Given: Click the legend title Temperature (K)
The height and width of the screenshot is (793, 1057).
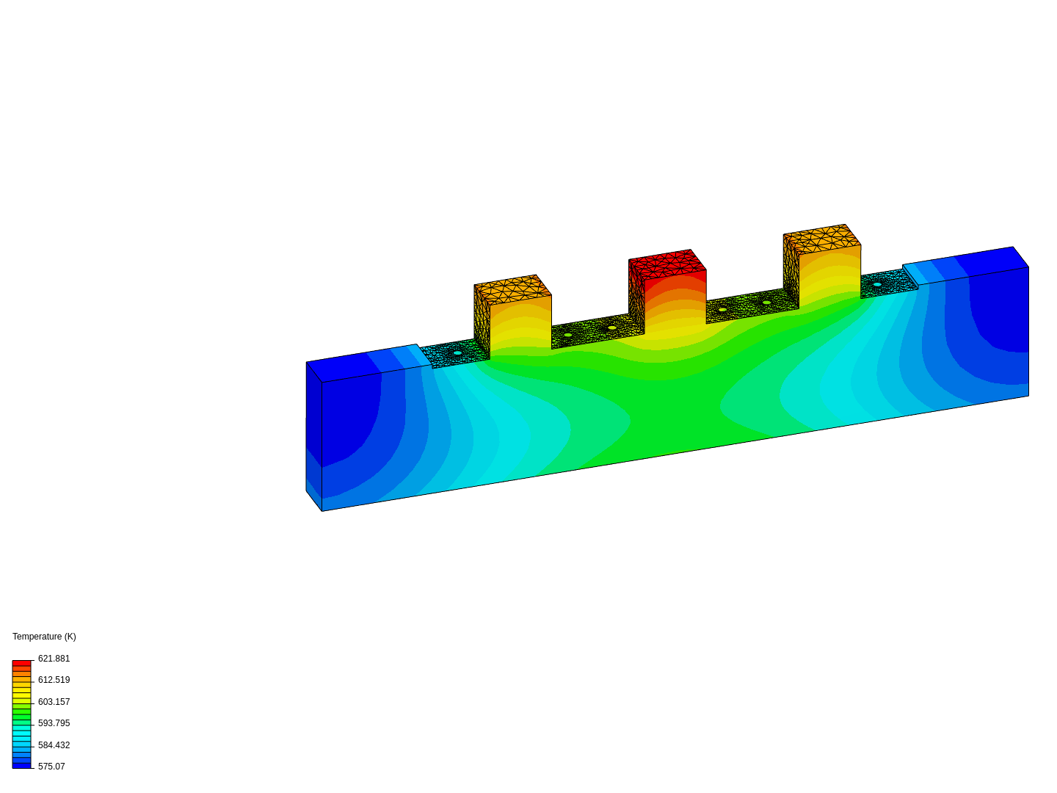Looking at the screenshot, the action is pyautogui.click(x=44, y=637).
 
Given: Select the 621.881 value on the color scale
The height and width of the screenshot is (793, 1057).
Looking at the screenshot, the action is pyautogui.click(x=54, y=658).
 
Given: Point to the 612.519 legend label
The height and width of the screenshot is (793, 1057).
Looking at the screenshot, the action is pyautogui.click(x=54, y=680).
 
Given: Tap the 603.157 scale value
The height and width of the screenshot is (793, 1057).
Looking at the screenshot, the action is pyautogui.click(x=54, y=701).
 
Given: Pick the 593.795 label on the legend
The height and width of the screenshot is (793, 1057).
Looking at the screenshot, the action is pyautogui.click(x=54, y=723).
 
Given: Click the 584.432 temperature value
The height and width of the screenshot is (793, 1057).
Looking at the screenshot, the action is pyautogui.click(x=54, y=745).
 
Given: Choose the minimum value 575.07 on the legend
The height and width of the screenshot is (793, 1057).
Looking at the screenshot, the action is pyautogui.click(x=51, y=766).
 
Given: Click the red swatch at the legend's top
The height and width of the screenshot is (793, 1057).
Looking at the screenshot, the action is pyautogui.click(x=22, y=663).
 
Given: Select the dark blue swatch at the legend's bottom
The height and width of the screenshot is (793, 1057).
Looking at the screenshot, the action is pyautogui.click(x=22, y=766).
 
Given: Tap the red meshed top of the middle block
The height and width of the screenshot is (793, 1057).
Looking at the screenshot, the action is pyautogui.click(x=667, y=264).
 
